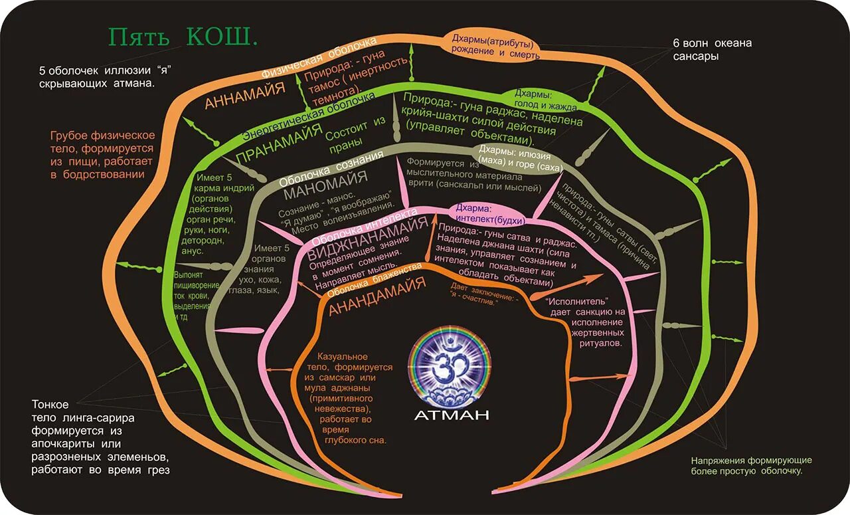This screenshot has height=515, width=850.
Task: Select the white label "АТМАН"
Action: tap(451, 416)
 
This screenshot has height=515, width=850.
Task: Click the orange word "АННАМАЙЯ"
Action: tap(245, 95)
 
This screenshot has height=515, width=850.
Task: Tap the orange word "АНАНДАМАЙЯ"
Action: tap(377, 296)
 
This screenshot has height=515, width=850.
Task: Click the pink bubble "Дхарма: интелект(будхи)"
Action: tap(491, 213)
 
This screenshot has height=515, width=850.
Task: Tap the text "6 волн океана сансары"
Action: tap(712, 50)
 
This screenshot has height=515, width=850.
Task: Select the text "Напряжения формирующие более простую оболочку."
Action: tap(751, 465)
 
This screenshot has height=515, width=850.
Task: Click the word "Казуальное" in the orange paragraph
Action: tap(342, 357)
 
